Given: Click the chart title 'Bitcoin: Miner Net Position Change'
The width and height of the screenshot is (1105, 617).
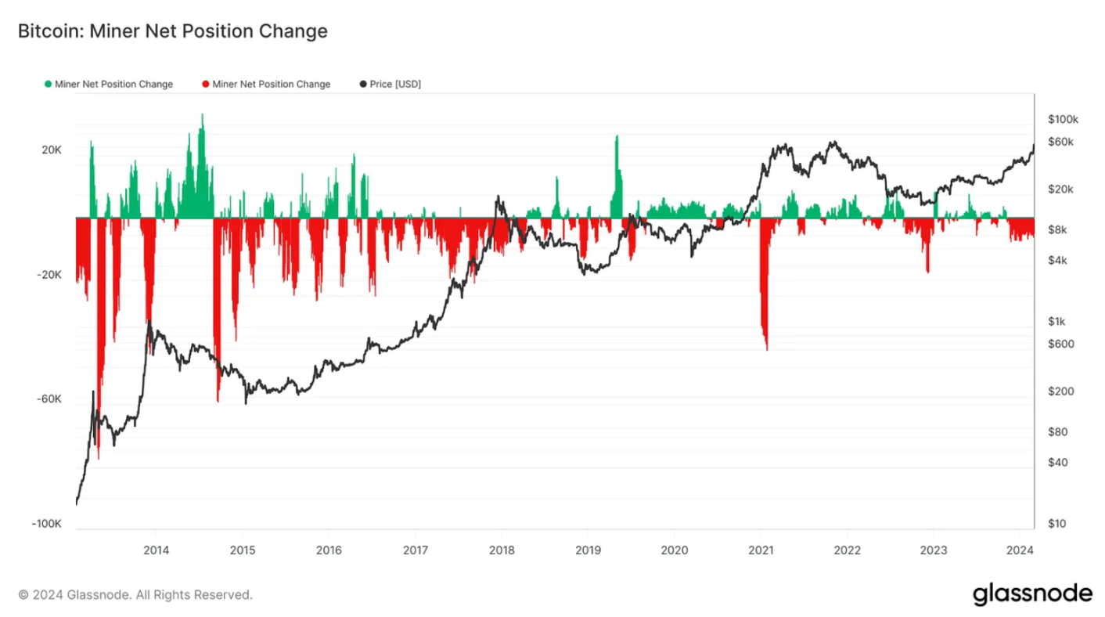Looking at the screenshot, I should click(x=171, y=32).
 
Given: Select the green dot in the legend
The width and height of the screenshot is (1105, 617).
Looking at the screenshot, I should click(x=49, y=85).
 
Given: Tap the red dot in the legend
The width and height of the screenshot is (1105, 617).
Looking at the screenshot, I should click(x=206, y=85).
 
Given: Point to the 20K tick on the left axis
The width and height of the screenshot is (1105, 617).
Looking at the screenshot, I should click(x=52, y=150).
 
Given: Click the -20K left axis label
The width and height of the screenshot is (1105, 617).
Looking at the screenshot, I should click(x=50, y=274).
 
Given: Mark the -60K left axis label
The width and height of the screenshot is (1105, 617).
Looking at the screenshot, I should click(x=50, y=399).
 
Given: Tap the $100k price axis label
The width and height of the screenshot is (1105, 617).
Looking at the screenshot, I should click(x=1063, y=119).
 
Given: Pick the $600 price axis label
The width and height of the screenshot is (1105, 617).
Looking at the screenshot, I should click(x=1060, y=344).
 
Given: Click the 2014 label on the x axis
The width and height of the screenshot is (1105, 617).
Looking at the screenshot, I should click(x=156, y=550).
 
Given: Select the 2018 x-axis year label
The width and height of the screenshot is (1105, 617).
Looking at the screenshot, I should click(x=501, y=550).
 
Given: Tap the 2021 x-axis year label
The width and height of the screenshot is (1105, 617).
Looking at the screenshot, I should click(x=761, y=550).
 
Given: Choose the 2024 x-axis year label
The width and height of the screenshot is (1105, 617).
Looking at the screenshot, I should click(x=1019, y=550).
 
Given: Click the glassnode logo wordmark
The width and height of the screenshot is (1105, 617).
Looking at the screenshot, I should click(x=1032, y=594).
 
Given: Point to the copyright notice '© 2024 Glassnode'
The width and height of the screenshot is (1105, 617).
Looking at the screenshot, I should click(x=135, y=596).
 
